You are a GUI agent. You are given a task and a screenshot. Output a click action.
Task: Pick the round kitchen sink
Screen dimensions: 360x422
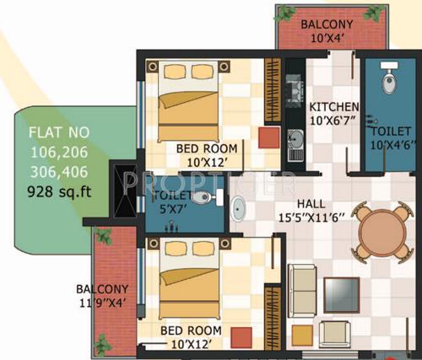coord(295,139)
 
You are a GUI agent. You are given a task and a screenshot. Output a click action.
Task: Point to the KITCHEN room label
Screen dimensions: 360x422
coord(334,108)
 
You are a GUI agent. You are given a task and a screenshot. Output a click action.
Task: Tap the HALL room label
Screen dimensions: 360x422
coord(320,203)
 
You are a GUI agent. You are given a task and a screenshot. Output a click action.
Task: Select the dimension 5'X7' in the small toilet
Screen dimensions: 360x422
coord(169,210)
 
